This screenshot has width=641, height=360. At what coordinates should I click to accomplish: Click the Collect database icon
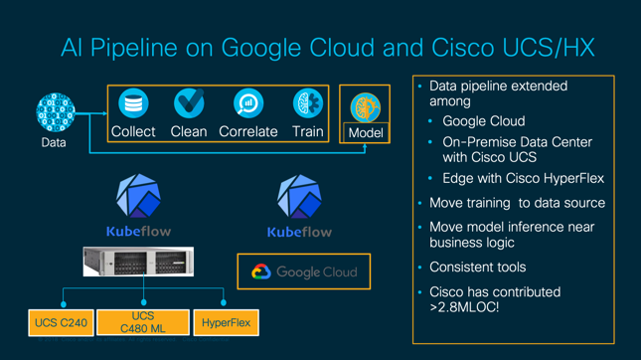(x=132, y=103)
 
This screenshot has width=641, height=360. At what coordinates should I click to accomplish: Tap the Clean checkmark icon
(x=188, y=103)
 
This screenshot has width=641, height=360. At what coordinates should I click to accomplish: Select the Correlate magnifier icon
(x=248, y=103)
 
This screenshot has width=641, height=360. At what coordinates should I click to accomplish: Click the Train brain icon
(x=307, y=103)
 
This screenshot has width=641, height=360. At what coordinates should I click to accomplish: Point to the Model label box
(x=366, y=132)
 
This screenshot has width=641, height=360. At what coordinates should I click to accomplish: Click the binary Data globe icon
(x=54, y=113)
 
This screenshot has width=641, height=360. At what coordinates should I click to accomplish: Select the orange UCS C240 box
(x=61, y=322)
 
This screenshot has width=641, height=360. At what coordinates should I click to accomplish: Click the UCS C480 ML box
(x=143, y=322)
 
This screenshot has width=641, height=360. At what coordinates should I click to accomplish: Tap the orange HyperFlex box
(x=226, y=322)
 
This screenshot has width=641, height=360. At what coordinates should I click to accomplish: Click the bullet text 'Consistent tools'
(x=477, y=267)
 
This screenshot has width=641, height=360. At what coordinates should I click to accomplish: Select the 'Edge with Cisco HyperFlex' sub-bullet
(x=523, y=178)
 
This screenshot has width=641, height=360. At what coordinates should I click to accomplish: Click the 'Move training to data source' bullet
(x=517, y=203)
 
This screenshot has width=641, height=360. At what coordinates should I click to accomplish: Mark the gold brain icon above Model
(x=366, y=107)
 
